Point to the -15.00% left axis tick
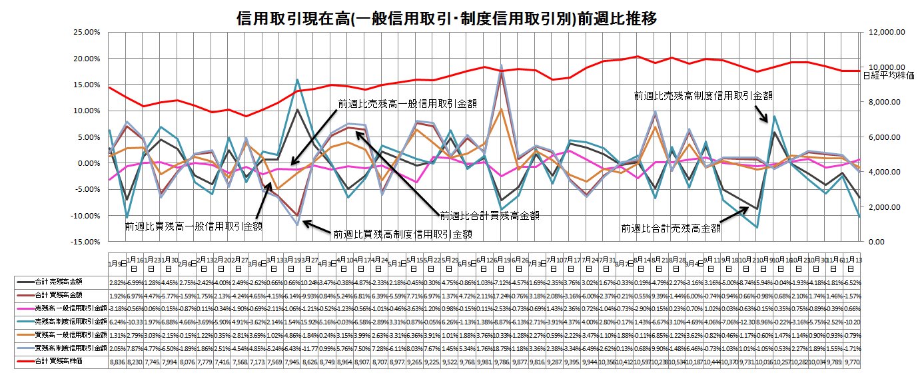(x=85, y=242)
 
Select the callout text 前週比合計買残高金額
(x=489, y=216)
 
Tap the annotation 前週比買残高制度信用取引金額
(x=403, y=234)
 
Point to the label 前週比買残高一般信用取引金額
(x=193, y=226)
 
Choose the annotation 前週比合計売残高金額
(x=671, y=228)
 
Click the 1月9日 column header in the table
(x=115, y=264)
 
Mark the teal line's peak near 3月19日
(x=298, y=79)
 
